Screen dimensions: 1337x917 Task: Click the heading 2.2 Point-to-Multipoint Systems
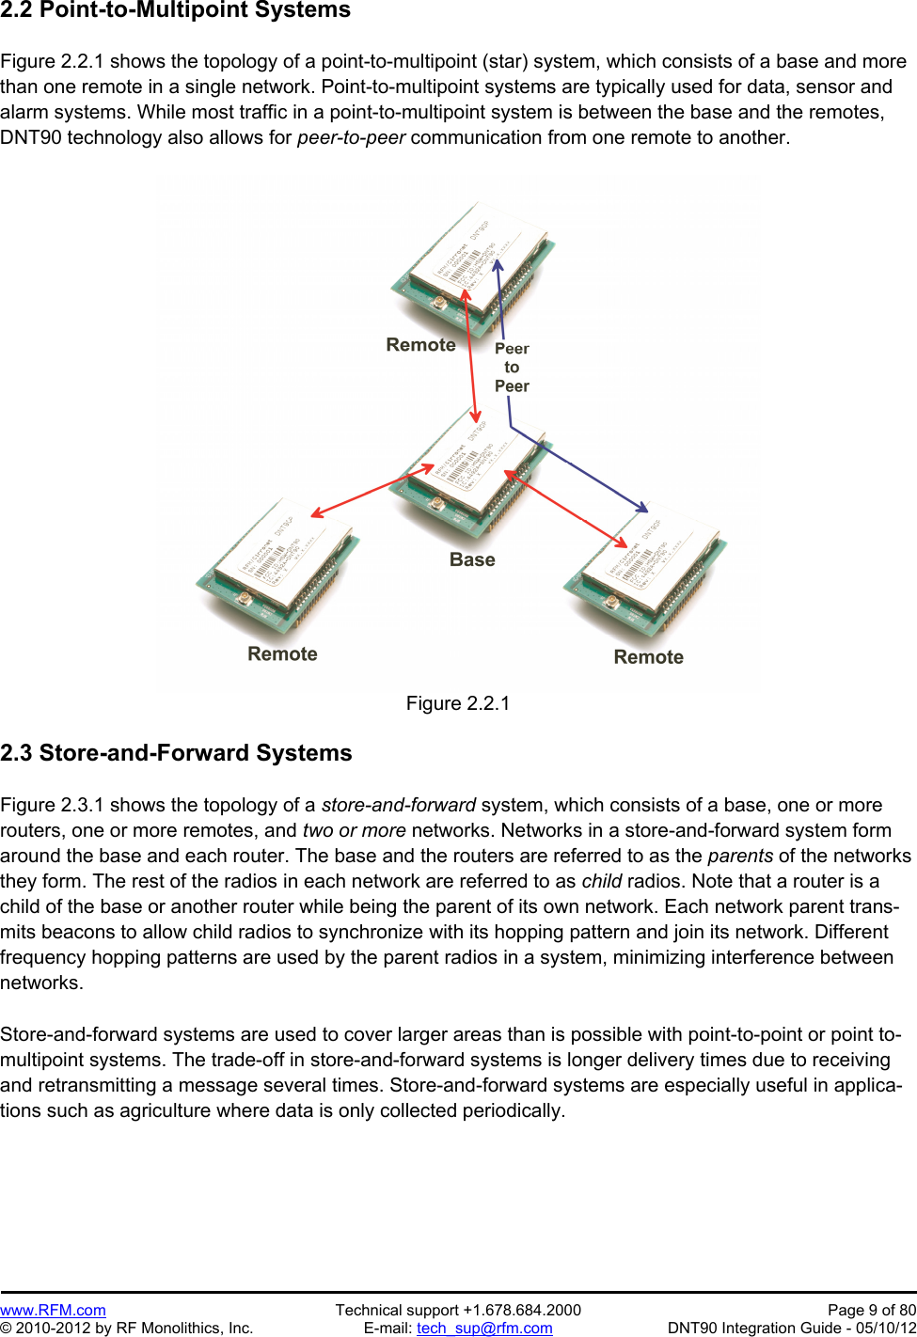(176, 10)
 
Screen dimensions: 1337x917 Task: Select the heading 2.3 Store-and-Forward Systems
(176, 753)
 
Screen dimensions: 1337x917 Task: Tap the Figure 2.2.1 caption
(458, 703)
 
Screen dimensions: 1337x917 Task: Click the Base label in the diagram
(472, 559)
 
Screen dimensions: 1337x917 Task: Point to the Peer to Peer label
(512, 368)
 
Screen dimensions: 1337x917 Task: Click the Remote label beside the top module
(420, 345)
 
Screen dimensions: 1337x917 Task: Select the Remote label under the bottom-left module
(282, 654)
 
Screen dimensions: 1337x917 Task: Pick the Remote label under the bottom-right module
(648, 657)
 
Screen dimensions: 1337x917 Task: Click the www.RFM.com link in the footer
(53, 1310)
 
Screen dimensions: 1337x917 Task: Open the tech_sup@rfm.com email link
(484, 1328)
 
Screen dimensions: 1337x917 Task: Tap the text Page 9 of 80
(871, 1310)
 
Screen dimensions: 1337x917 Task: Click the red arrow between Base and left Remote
(372, 490)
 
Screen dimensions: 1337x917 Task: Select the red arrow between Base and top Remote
(471, 356)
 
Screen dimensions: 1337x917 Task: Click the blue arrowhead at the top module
(498, 265)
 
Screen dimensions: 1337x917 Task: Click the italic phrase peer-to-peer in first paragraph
(351, 137)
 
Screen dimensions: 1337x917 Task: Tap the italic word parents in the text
(740, 856)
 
